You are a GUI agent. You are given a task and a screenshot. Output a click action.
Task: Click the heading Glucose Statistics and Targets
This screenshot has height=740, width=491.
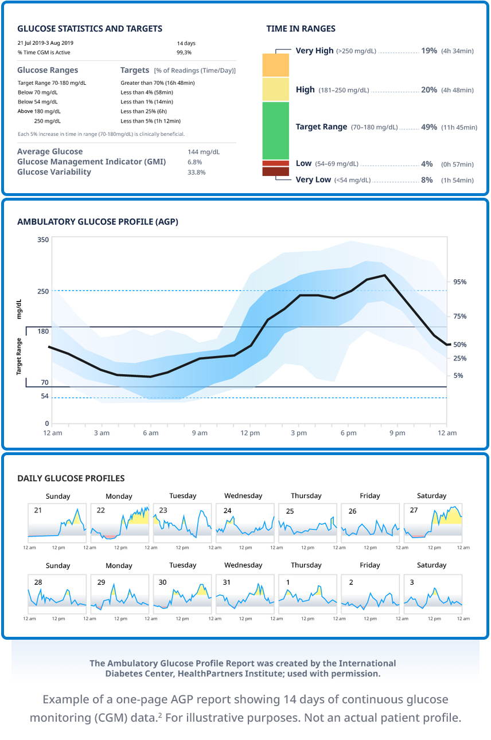[89, 29]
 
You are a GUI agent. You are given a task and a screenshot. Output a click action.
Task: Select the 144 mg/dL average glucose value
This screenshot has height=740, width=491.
[203, 152]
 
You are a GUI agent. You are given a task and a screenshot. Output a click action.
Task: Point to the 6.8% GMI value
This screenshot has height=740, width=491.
[195, 162]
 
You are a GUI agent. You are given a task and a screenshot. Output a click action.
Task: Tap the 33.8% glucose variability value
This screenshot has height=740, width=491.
[196, 172]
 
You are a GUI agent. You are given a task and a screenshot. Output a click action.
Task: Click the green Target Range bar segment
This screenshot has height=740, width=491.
[275, 130]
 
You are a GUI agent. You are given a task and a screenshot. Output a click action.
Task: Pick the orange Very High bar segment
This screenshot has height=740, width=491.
[275, 65]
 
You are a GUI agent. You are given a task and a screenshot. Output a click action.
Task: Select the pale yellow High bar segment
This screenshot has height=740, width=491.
[275, 89]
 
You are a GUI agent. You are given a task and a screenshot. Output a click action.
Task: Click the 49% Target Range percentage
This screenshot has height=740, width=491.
[428, 127]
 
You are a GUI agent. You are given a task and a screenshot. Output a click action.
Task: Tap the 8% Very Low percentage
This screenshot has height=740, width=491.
[427, 180]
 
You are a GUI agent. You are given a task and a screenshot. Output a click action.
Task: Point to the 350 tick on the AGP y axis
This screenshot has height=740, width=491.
[43, 240]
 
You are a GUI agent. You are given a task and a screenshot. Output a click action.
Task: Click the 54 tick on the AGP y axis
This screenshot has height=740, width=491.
[44, 397]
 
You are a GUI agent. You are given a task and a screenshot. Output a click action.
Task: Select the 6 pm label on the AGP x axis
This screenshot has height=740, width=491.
[348, 433]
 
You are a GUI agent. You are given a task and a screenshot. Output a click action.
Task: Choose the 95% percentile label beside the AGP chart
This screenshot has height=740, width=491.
[460, 282]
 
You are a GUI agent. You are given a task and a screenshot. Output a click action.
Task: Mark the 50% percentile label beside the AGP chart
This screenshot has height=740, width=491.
[460, 344]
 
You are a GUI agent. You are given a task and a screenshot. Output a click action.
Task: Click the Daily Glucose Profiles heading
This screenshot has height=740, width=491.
[71, 479]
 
